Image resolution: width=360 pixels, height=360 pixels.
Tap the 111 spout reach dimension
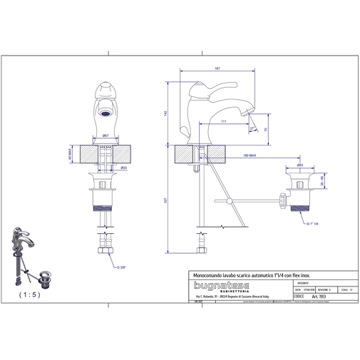(x=224, y=122)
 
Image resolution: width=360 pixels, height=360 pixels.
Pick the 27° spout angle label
(x=252, y=128)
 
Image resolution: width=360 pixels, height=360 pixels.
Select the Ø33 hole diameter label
(x=124, y=168)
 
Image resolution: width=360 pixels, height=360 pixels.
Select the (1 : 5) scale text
(x=30, y=293)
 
